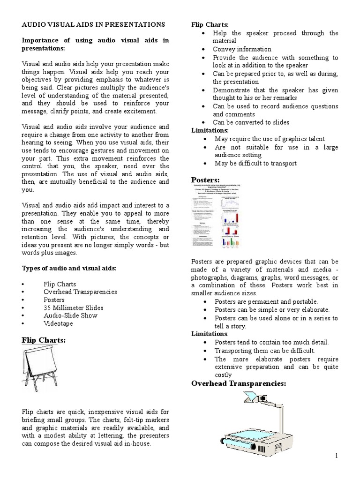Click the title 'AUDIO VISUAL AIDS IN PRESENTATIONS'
(x=94, y=24)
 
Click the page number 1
(x=337, y=456)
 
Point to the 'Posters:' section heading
(x=206, y=180)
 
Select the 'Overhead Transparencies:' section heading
(x=239, y=384)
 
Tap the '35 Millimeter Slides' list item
(x=73, y=308)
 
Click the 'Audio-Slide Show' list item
(x=70, y=315)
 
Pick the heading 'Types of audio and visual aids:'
(x=69, y=268)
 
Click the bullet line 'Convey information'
(x=242, y=49)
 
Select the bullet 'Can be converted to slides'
(x=251, y=122)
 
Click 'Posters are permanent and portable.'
(x=266, y=301)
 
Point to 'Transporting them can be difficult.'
(x=265, y=351)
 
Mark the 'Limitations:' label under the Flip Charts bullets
(x=210, y=130)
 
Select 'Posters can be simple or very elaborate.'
(x=272, y=310)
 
